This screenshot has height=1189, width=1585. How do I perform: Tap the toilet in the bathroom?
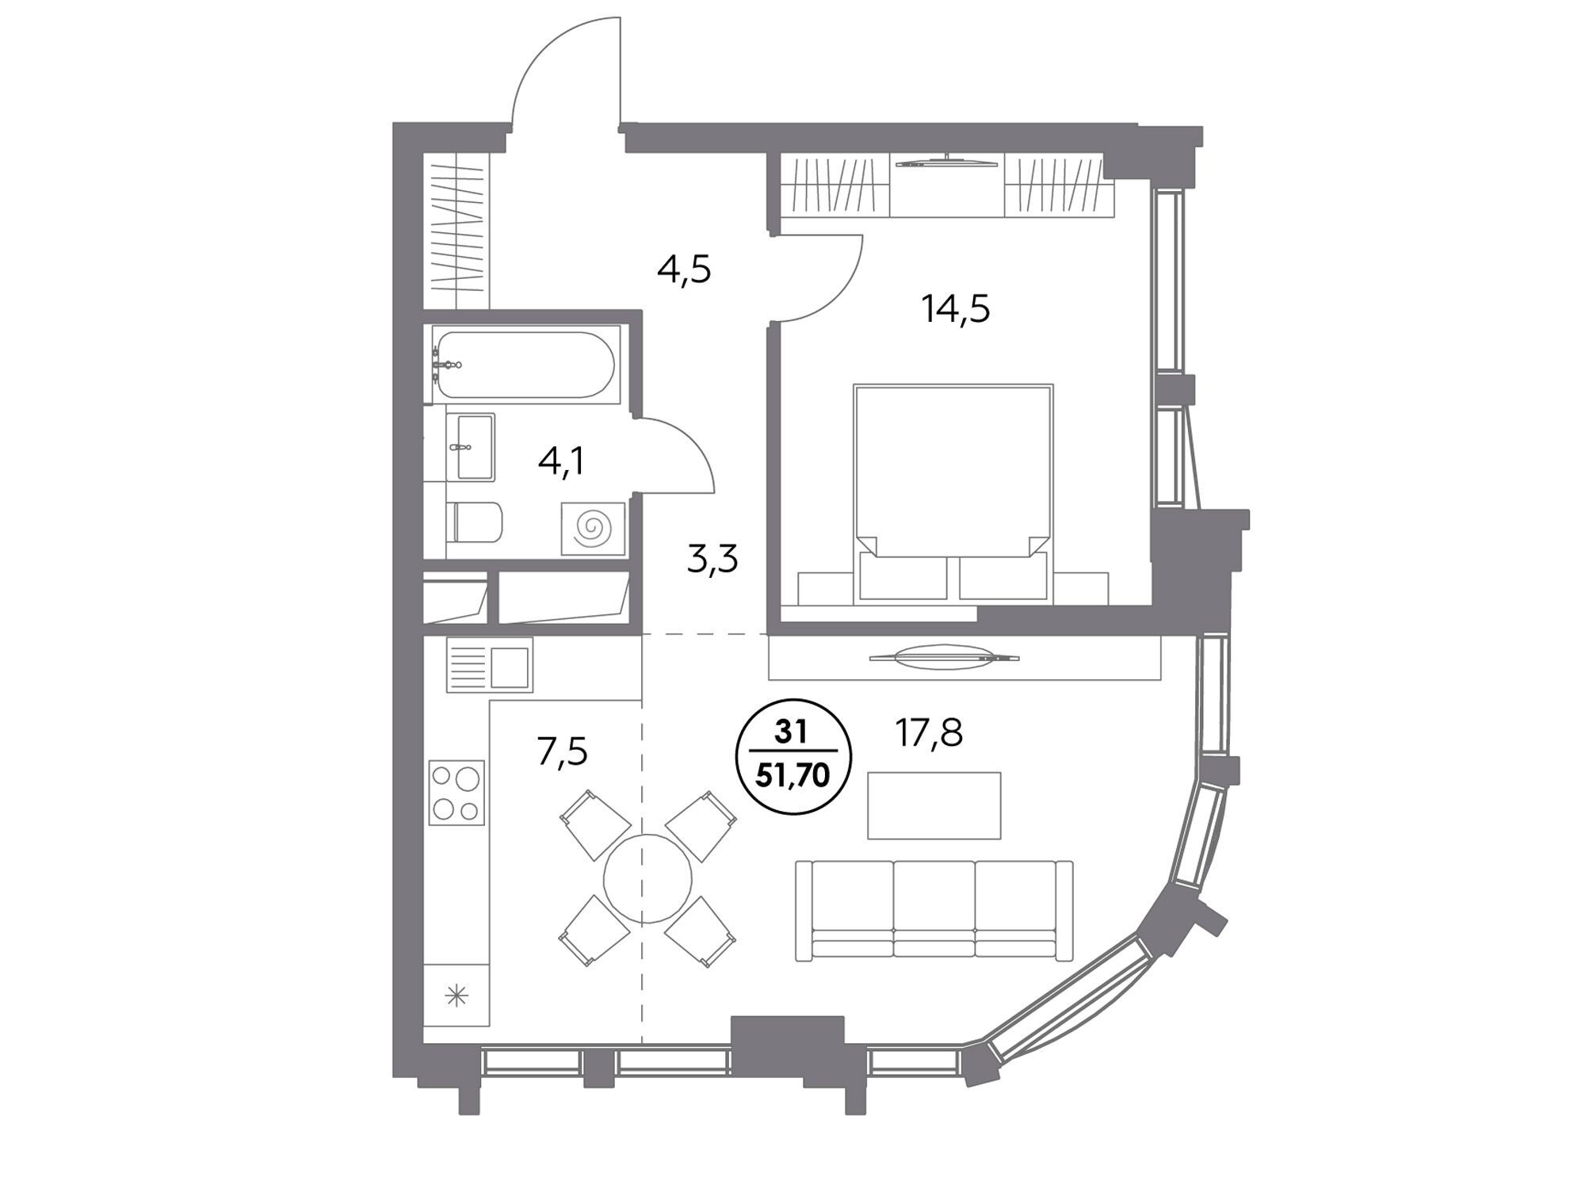pos(474,522)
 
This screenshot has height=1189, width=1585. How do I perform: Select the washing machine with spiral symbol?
pos(593,528)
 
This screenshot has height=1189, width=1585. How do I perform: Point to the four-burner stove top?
pos(456,792)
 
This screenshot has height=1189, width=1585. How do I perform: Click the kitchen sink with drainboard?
pos(489,665)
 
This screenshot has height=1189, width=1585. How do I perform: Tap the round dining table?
pos(647,878)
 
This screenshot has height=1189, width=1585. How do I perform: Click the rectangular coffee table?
pos(934,805)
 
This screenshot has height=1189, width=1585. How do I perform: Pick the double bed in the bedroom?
pos(953,491)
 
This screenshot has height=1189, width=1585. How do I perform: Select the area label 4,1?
pos(561,461)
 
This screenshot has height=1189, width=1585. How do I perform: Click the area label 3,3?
pos(712,559)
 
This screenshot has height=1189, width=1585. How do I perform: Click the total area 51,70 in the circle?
pos(792,775)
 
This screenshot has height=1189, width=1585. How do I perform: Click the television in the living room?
pos(943,657)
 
